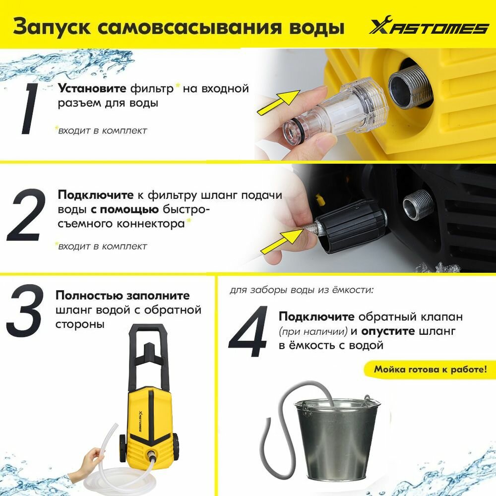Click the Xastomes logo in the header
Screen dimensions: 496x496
[x=429, y=27]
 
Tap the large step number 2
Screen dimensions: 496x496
[x=26, y=215]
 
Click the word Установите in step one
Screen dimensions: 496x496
[x=92, y=88]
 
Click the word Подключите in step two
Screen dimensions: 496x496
[x=96, y=195]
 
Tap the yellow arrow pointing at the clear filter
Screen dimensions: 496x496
[x=278, y=102]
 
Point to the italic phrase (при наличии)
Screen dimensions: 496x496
[x=313, y=331]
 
